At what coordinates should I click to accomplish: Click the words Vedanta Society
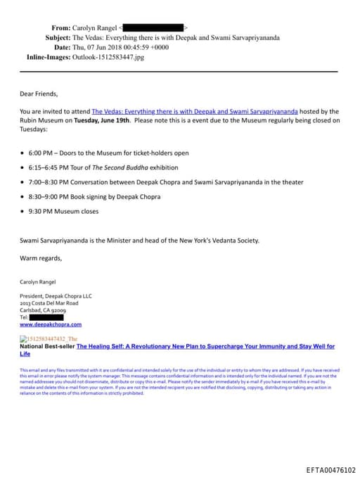[x=238, y=241]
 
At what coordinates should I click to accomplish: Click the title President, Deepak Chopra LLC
[x=56, y=296]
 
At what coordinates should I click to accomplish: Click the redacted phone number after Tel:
[x=45, y=317]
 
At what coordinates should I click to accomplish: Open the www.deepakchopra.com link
[x=51, y=324]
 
